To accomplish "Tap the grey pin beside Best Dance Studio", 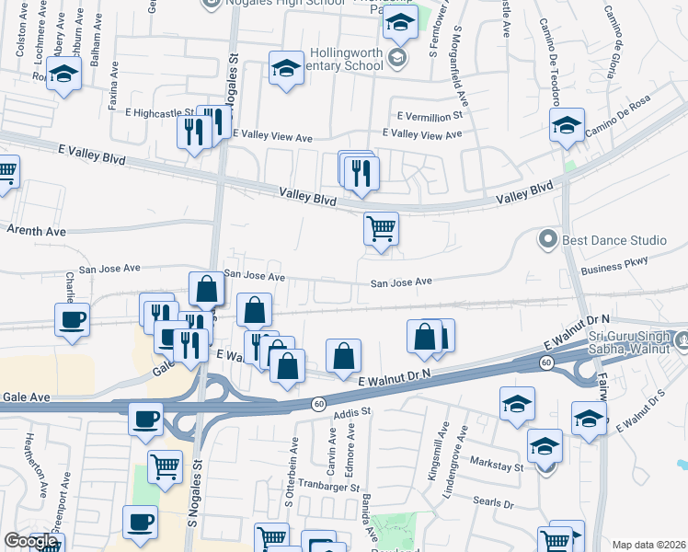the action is coord(549,240).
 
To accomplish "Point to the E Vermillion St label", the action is coord(429,117).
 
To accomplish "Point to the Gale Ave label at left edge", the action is coord(26,396).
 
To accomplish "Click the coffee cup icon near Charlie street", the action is coord(73,320).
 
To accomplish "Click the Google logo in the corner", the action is coord(30,541).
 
